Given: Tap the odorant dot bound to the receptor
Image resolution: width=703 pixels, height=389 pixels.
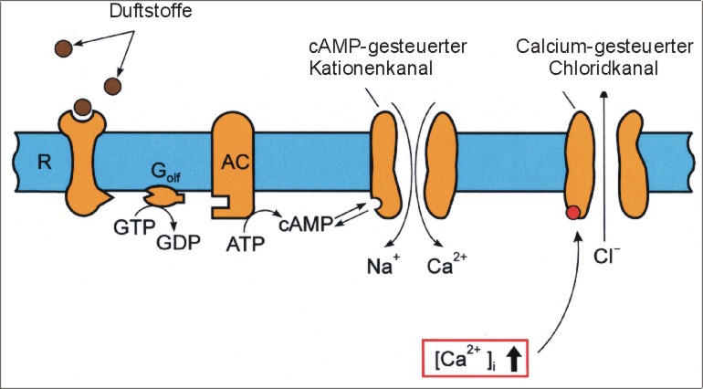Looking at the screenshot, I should [x=83, y=106].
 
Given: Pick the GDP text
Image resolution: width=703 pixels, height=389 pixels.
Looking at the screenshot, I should [x=182, y=244].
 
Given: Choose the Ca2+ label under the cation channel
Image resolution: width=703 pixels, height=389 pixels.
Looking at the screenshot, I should [x=447, y=268].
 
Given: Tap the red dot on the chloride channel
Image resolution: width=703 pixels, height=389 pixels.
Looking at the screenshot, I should [x=572, y=214].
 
